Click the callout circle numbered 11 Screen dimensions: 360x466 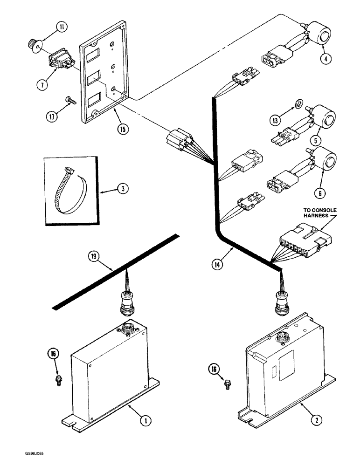pyautogui.click(x=62, y=27)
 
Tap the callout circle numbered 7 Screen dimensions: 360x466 pyautogui.click(x=42, y=85)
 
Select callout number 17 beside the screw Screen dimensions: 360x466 pyautogui.click(x=52, y=116)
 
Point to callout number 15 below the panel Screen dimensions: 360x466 pyautogui.click(x=123, y=129)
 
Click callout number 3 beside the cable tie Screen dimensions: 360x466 pyautogui.click(x=123, y=188)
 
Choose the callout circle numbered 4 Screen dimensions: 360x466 pyautogui.click(x=326, y=59)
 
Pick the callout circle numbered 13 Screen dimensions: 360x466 pyautogui.click(x=275, y=120)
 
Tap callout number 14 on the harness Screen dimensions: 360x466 pyautogui.click(x=217, y=264)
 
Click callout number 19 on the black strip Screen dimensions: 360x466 pyautogui.click(x=94, y=256)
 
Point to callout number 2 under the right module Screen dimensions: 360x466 pyautogui.click(x=317, y=420)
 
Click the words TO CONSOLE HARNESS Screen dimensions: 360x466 pyautogui.click(x=320, y=213)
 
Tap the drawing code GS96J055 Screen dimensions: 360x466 pyautogui.click(x=35, y=453)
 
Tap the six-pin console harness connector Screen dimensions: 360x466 pyautogui.click(x=305, y=240)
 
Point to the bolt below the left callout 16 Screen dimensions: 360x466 pyautogui.click(x=58, y=380)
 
